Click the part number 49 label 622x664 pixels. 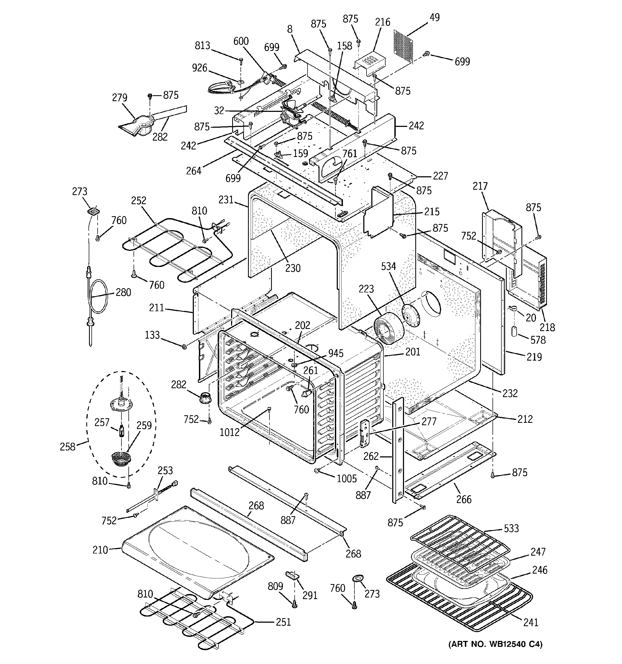click(434, 17)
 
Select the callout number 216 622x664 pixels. click(383, 22)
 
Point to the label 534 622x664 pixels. click(389, 266)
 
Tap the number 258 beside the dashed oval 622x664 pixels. click(68, 447)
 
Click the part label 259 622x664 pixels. click(144, 425)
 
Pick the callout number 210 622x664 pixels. click(101, 550)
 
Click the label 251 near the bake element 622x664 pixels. click(283, 622)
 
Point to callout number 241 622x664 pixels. click(531, 622)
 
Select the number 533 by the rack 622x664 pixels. click(512, 529)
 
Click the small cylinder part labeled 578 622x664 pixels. click(514, 332)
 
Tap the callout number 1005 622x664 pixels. click(347, 478)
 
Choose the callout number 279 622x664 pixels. click(120, 98)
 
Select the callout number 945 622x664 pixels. click(336, 353)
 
